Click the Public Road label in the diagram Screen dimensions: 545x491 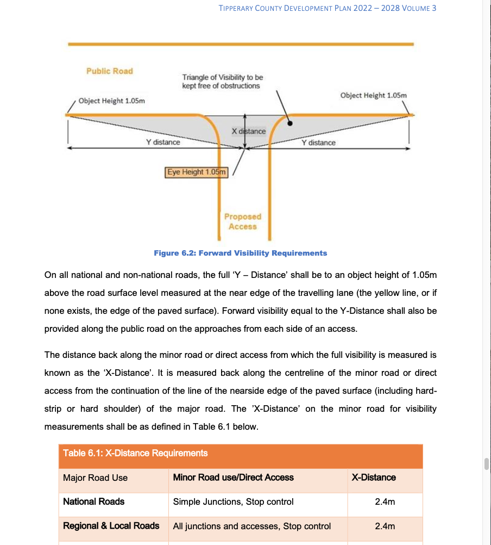[x=109, y=71]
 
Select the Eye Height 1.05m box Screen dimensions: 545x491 [x=196, y=172]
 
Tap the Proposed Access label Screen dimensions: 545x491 [x=243, y=221]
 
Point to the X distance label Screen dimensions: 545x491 [x=249, y=131]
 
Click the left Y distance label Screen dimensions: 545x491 [x=163, y=142]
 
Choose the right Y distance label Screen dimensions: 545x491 [x=318, y=143]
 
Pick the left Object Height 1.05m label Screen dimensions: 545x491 [x=111, y=101]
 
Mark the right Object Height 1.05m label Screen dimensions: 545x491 [x=373, y=95]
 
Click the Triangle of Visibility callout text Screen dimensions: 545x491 [x=222, y=82]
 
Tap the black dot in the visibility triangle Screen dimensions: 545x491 [x=290, y=123]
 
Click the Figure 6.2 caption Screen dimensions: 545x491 [x=240, y=253]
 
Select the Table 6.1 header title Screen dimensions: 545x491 [x=135, y=453]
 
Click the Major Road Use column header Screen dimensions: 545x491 [x=96, y=478]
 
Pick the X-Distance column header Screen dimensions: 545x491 [x=374, y=478]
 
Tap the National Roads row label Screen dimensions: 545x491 [x=94, y=501]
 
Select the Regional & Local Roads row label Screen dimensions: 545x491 [x=111, y=525]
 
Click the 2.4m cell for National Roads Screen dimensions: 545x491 [x=385, y=501]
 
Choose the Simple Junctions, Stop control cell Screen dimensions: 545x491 [x=233, y=501]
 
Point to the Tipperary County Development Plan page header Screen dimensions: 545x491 [x=328, y=8]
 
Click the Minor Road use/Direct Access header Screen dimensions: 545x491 [x=233, y=478]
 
